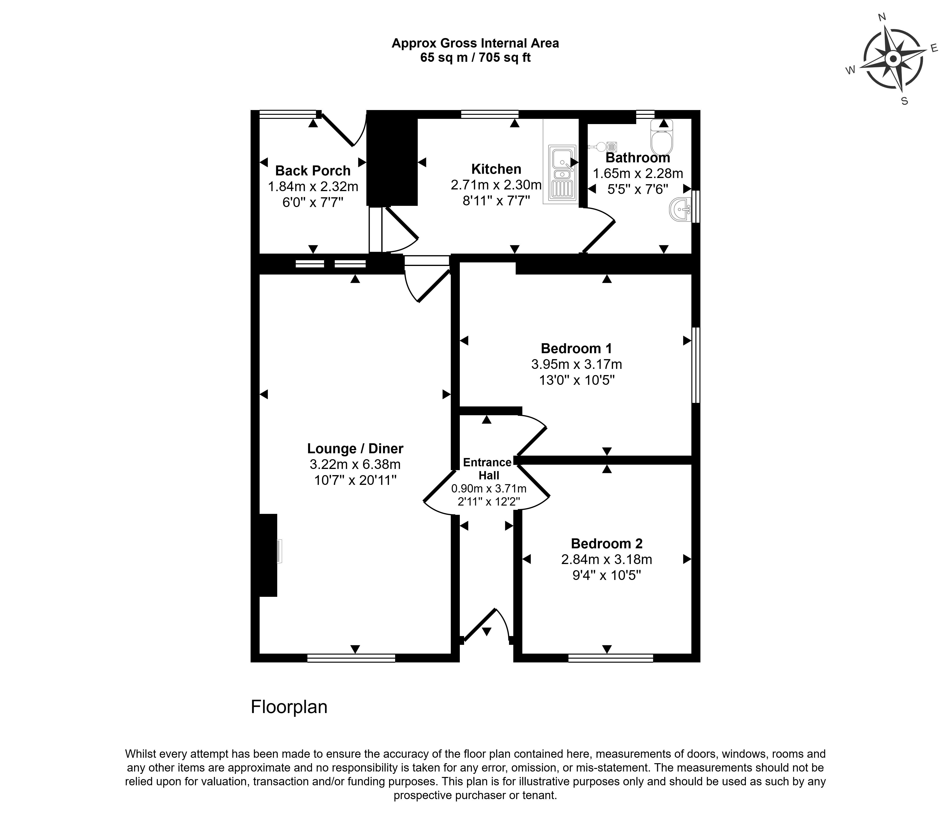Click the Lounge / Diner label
click(x=355, y=448)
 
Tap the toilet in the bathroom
click(x=661, y=138)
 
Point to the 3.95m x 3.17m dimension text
click(x=577, y=364)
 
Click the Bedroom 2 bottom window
click(x=611, y=658)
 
